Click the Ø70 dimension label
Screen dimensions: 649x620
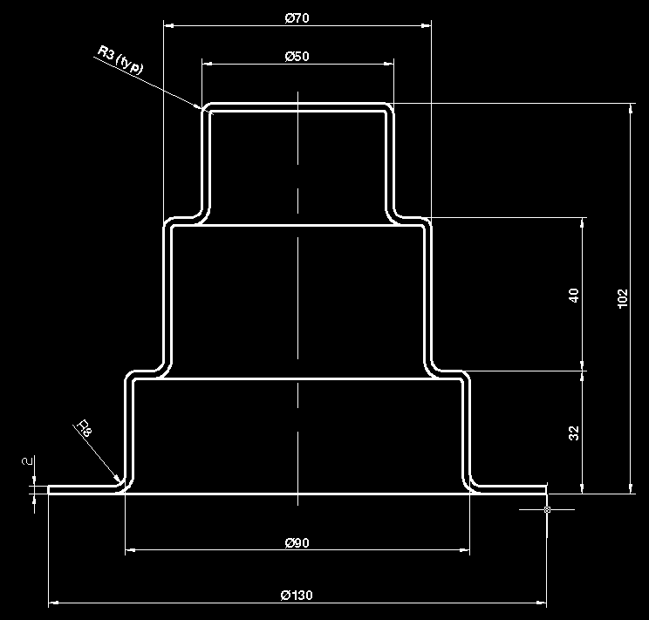(x=297, y=17)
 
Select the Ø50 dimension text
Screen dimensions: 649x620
(x=297, y=56)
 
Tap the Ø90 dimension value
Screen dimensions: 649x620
(x=297, y=542)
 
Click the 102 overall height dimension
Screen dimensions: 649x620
(x=622, y=299)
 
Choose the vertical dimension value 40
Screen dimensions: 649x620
(x=573, y=295)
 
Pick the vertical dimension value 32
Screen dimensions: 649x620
(x=573, y=433)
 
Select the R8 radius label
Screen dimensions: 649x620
(x=84, y=428)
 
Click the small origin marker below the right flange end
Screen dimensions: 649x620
(x=547, y=509)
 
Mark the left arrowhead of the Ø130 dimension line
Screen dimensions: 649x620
(x=51, y=601)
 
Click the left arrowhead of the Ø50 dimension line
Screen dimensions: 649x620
(x=206, y=64)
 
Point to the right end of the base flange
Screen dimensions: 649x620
(x=546, y=489)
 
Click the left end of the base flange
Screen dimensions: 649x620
(x=49, y=489)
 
